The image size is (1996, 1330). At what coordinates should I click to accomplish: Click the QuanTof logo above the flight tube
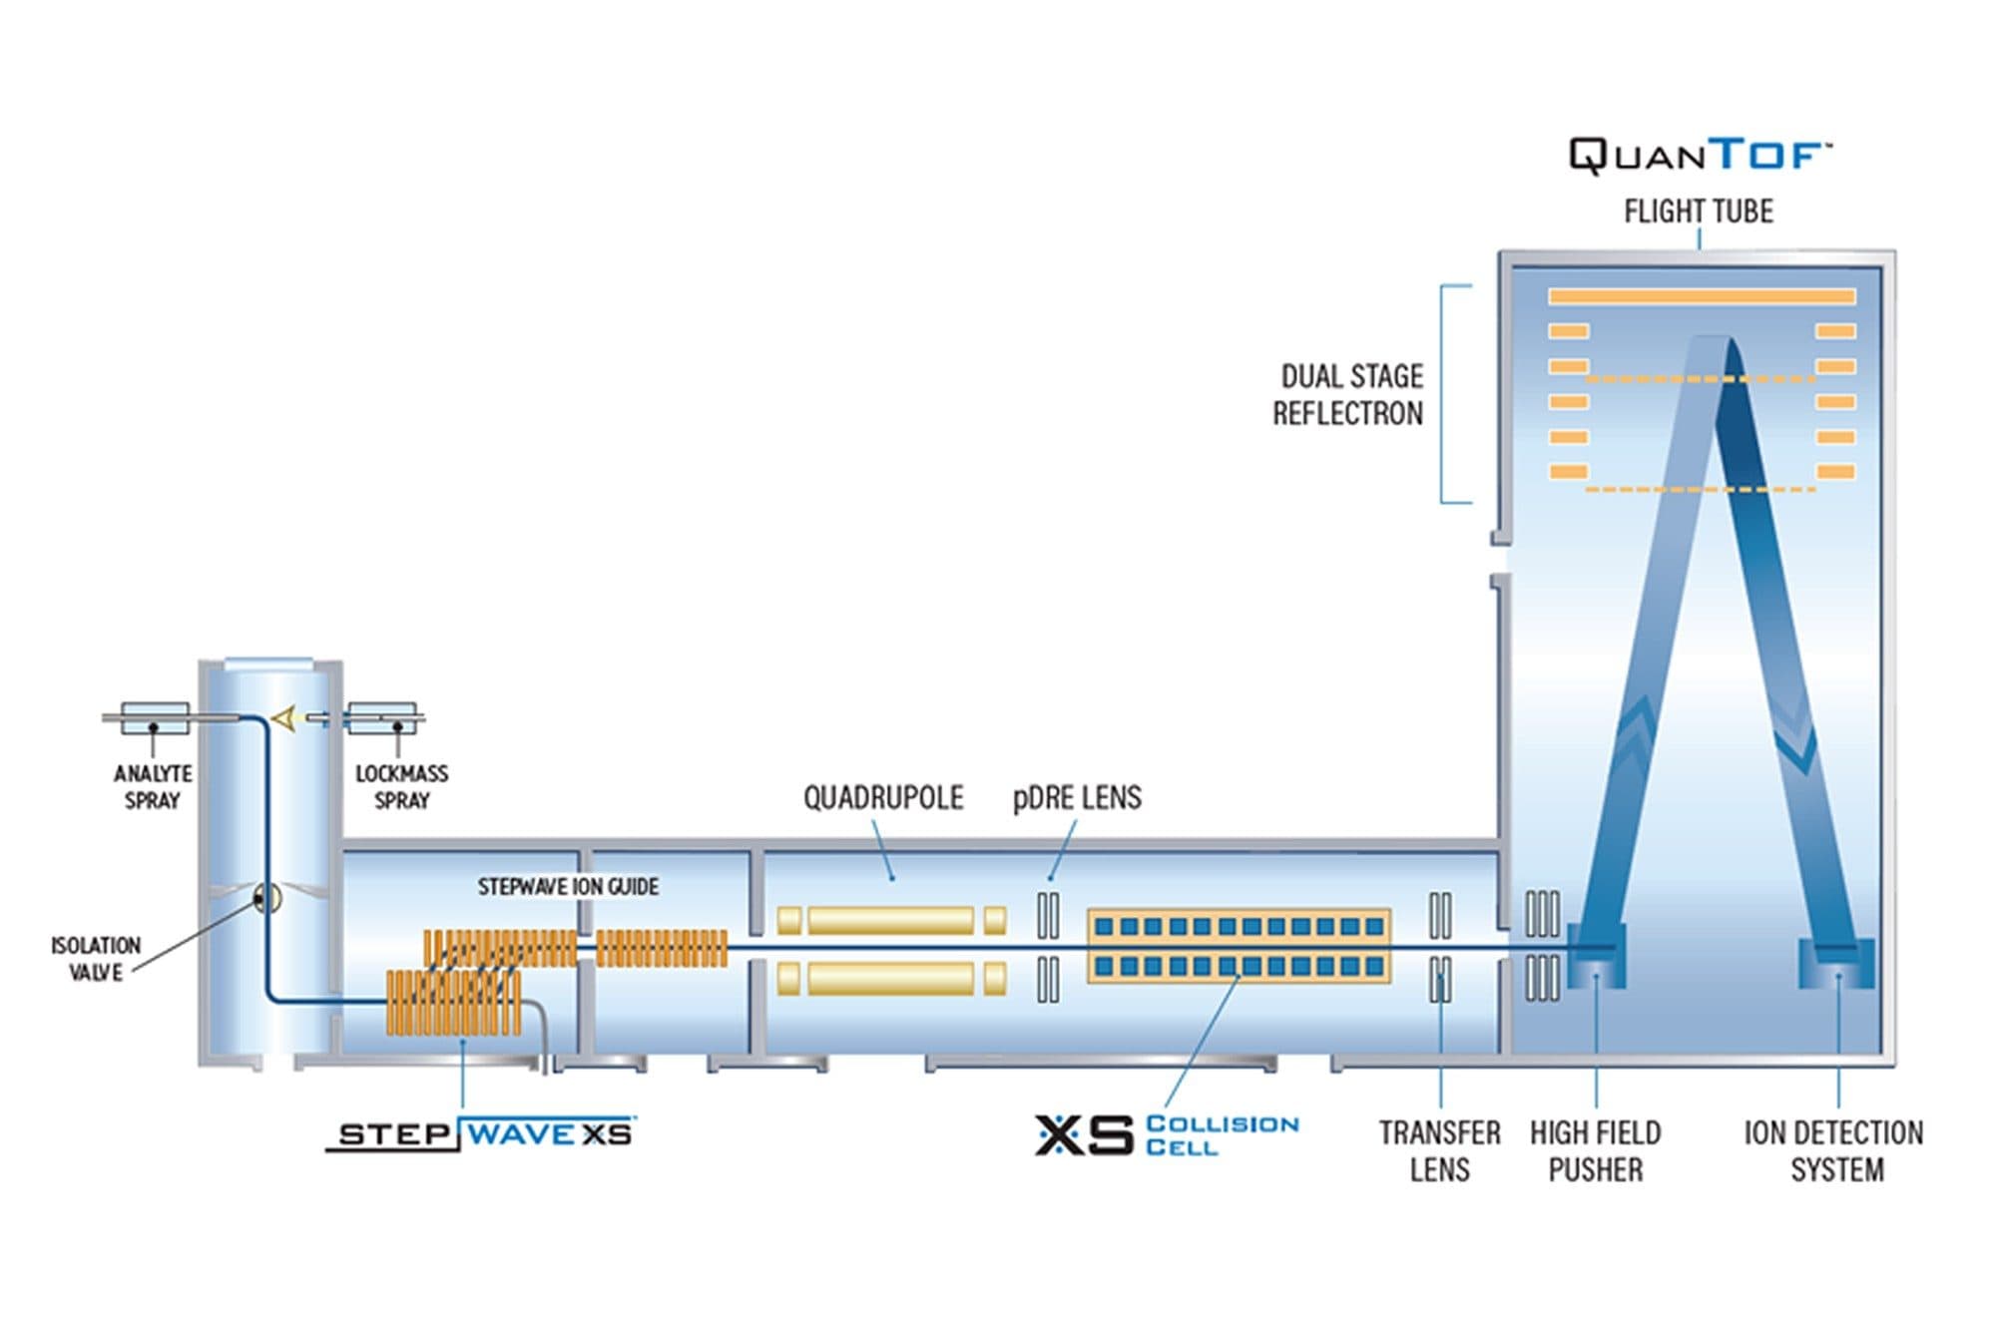(x=1699, y=157)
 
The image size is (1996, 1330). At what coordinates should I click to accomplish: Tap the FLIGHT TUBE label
(x=1699, y=212)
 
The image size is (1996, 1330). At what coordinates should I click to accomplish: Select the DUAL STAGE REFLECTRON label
(x=1349, y=395)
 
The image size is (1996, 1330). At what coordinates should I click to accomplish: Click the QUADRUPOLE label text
(x=883, y=798)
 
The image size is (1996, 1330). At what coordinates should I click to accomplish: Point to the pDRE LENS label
(x=1077, y=798)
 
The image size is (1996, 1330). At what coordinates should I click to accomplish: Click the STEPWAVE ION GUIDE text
(x=568, y=887)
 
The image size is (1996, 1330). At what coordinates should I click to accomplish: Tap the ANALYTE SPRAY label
(x=153, y=787)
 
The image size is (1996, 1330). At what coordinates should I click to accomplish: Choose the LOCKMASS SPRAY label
(x=401, y=787)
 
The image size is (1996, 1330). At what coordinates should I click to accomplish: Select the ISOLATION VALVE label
(x=96, y=959)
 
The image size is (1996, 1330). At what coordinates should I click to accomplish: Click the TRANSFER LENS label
(x=1439, y=1151)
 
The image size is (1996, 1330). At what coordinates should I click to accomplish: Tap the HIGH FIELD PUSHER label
(x=1595, y=1151)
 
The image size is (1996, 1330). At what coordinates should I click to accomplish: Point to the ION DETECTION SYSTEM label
(x=1834, y=1151)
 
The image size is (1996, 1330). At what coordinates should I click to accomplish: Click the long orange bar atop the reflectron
(x=1702, y=296)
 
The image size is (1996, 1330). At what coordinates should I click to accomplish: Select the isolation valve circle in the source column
(x=266, y=899)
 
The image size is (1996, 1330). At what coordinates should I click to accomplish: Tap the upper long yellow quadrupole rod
(x=890, y=920)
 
